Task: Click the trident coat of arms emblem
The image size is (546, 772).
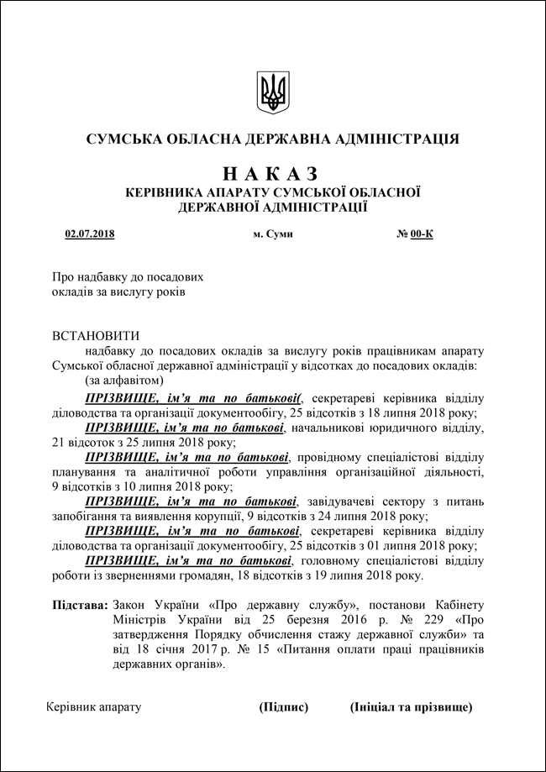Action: point(272,92)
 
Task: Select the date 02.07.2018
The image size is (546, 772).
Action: point(89,234)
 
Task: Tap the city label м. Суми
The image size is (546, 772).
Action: point(273,234)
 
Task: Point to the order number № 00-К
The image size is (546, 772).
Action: point(415,234)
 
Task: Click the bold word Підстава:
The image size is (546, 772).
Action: point(80,605)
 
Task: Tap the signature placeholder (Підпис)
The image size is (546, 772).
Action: point(284,707)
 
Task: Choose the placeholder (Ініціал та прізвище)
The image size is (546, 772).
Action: point(411,707)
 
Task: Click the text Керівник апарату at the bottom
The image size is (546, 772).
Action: point(94,707)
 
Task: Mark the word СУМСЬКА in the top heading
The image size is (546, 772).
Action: point(121,138)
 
